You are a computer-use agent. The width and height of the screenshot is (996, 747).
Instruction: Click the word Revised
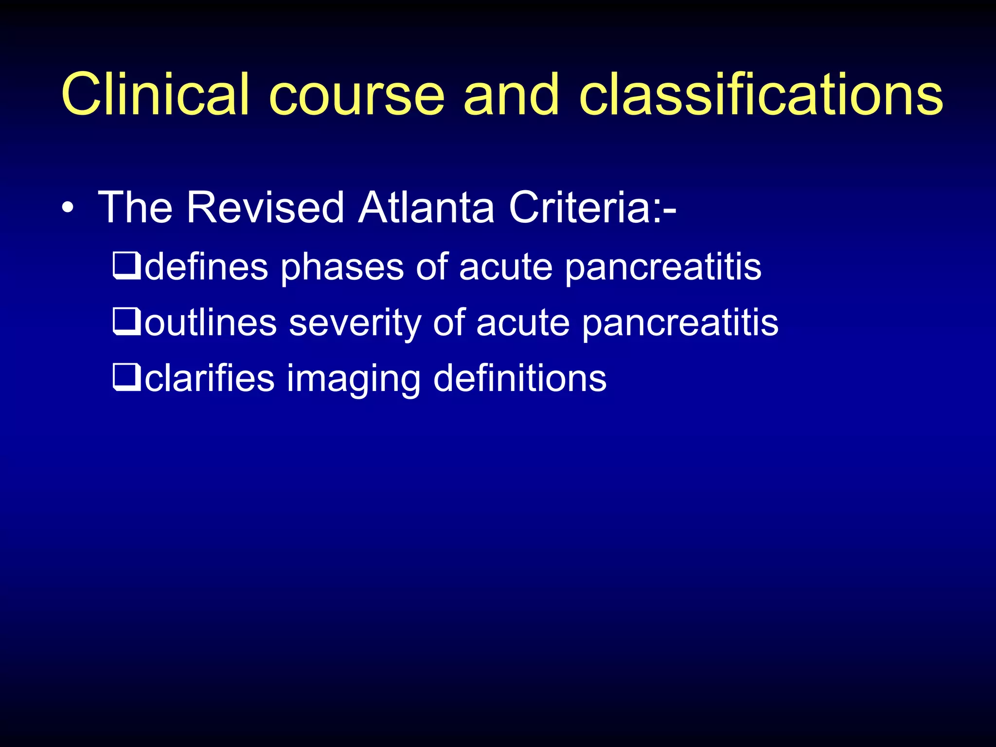click(x=266, y=208)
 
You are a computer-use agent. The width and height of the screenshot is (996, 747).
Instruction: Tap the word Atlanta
click(x=426, y=208)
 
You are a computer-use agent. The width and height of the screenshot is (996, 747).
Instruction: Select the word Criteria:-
click(x=592, y=208)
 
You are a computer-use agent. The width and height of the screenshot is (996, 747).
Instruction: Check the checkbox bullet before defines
click(x=126, y=267)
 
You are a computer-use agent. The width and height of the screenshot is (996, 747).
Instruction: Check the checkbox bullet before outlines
click(x=126, y=323)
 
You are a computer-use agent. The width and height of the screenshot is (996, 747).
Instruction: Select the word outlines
click(x=211, y=323)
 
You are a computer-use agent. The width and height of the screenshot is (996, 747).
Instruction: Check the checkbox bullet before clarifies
click(x=126, y=379)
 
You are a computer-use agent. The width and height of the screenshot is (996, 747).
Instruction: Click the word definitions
click(x=519, y=379)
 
